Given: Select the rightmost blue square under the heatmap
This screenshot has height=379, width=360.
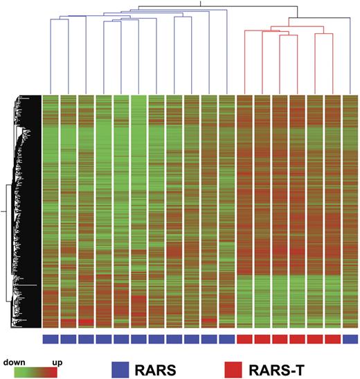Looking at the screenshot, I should coord(350,339).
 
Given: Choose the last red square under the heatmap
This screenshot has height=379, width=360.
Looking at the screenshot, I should coord(333,339).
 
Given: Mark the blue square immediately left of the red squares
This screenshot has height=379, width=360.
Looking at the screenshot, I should coord(227,339).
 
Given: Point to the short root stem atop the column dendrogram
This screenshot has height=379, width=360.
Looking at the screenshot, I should coord(200,3).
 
